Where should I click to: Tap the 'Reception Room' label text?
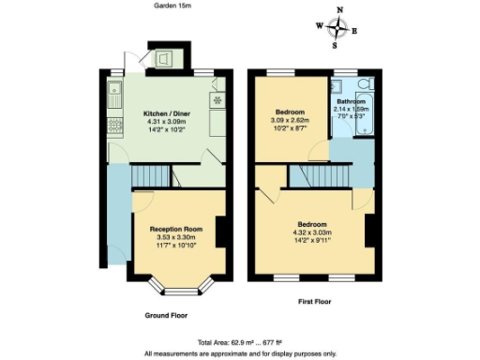[176, 229]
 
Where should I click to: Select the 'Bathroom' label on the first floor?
[351, 101]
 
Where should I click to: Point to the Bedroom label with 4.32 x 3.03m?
[311, 225]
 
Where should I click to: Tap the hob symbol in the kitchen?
[218, 99]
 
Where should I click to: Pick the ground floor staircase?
[150, 175]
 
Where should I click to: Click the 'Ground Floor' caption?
[169, 316]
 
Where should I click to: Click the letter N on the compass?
[339, 11]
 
